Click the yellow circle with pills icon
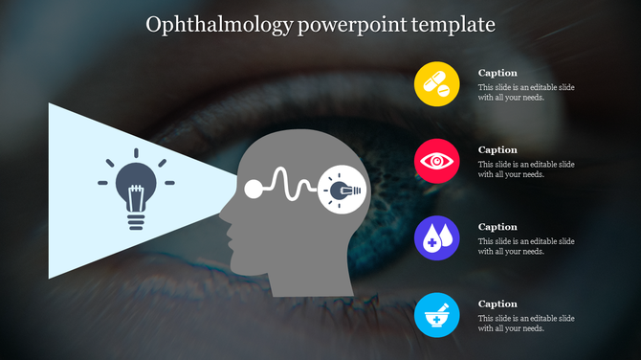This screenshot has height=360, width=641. pyautogui.click(x=437, y=83)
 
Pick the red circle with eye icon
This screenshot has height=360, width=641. pyautogui.click(x=437, y=161)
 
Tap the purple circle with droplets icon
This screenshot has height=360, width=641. pyautogui.click(x=437, y=238)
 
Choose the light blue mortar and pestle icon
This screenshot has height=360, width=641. pyautogui.click(x=437, y=315)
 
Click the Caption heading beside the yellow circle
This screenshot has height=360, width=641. pyautogui.click(x=497, y=73)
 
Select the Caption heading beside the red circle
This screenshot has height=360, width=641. pyautogui.click(x=497, y=150)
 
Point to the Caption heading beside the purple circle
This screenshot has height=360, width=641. pyautogui.click(x=497, y=227)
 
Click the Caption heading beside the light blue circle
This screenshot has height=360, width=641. pyautogui.click(x=497, y=304)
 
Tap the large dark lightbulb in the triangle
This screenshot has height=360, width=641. pyautogui.click(x=136, y=189)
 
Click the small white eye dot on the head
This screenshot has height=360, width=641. pyautogui.click(x=254, y=189)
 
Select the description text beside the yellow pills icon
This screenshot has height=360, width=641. pyautogui.click(x=526, y=92)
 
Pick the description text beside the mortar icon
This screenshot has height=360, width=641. pyautogui.click(x=526, y=324)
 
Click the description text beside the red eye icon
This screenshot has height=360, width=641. pyautogui.click(x=526, y=169)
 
